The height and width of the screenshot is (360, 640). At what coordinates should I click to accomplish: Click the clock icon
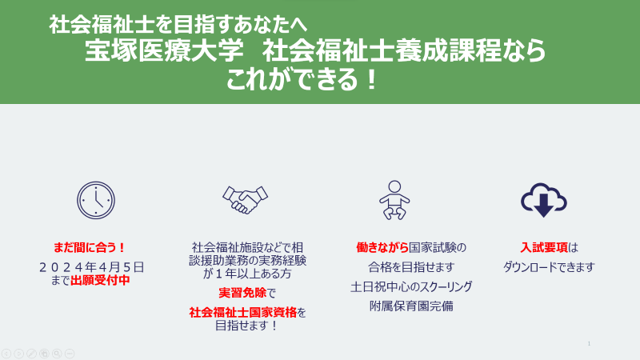click(x=96, y=201)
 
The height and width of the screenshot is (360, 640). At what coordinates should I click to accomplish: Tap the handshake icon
click(x=245, y=199)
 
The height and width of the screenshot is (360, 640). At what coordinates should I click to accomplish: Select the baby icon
click(x=394, y=200)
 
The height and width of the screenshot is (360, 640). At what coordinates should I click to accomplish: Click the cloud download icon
click(x=544, y=200)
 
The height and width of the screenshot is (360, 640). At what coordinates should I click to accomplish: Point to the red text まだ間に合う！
click(x=90, y=247)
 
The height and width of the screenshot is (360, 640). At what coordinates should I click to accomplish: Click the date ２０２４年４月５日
click(x=91, y=267)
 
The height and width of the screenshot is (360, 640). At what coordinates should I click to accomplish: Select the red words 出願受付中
click(x=100, y=280)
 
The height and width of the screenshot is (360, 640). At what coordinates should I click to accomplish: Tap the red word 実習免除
click(x=242, y=293)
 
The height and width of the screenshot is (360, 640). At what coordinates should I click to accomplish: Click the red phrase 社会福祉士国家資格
click(x=243, y=312)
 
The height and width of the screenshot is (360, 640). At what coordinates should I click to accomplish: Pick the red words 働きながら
click(x=382, y=247)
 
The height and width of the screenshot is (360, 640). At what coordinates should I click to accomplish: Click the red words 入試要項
click(x=544, y=247)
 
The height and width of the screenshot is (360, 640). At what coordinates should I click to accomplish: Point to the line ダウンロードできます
click(x=549, y=267)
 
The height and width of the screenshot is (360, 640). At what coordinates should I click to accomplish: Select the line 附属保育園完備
click(x=411, y=306)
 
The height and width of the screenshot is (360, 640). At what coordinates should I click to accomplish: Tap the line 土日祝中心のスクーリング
click(x=411, y=286)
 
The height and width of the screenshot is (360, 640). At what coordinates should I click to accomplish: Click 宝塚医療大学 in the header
click(x=164, y=50)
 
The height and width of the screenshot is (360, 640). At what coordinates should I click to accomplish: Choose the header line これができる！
click(x=303, y=79)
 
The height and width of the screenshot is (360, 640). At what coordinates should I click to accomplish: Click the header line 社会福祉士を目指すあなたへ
click(x=178, y=25)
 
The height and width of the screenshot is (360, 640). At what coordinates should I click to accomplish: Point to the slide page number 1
click(x=589, y=344)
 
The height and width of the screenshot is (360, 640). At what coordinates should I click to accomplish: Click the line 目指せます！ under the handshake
click(x=247, y=326)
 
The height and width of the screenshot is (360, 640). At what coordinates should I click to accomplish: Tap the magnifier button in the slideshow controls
click(x=57, y=354)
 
